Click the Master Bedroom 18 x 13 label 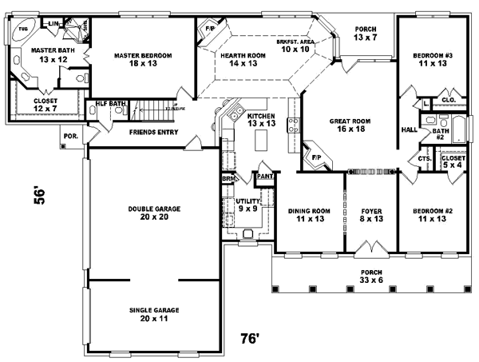[x=144, y=60]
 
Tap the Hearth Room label [x=239, y=60]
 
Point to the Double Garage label [x=154, y=213]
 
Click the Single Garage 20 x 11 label [x=154, y=314]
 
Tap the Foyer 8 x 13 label [x=370, y=216]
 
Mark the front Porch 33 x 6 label [x=370, y=276]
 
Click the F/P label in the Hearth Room [x=211, y=30]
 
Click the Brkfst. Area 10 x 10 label [x=292, y=45]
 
